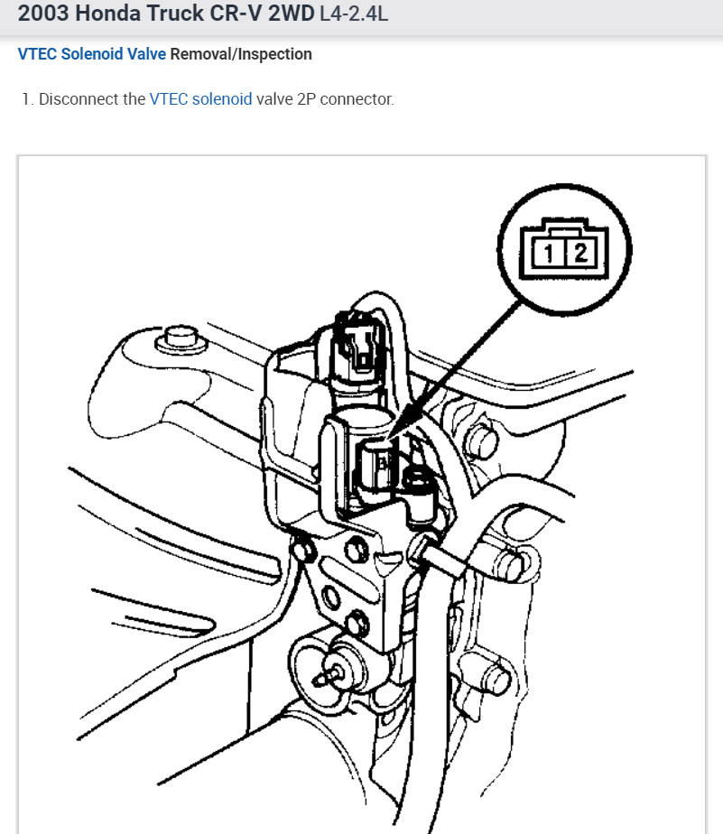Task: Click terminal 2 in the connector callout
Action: (x=580, y=254)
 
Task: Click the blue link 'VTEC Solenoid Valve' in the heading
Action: (x=91, y=54)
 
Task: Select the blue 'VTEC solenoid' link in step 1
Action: (x=200, y=99)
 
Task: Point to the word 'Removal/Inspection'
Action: (x=241, y=54)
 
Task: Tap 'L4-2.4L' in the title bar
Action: (x=354, y=14)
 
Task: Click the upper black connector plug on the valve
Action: (x=357, y=343)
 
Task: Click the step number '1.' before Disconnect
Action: (x=27, y=99)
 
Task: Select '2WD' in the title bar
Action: (x=291, y=14)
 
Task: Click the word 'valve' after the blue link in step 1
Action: (x=273, y=99)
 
